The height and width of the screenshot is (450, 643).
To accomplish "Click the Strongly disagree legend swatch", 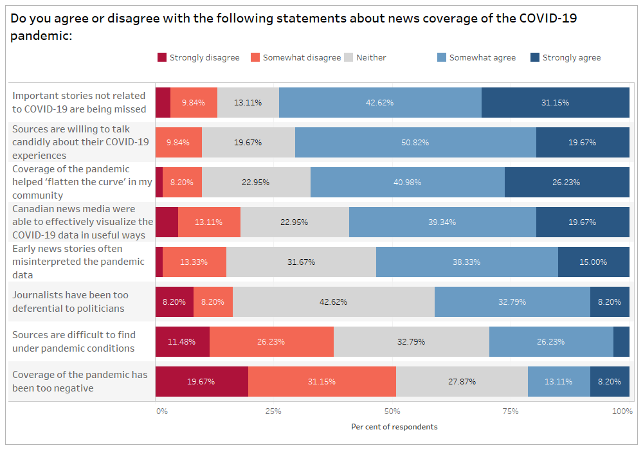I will coord(161,58).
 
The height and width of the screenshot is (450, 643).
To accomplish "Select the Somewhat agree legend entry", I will coord(482,58).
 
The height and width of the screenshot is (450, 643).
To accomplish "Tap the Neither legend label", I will coord(371,58).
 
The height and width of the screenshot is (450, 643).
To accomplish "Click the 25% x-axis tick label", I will coord(273,411).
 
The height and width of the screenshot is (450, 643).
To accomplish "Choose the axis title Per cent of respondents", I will coord(394,427).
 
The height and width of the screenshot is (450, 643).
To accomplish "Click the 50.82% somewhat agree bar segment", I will coord(415,142).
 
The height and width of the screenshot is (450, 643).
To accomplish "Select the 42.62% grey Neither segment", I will coord(333,301).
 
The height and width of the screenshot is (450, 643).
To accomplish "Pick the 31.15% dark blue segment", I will coord(555,102).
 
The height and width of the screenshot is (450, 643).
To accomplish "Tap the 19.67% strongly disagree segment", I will coord(201,381).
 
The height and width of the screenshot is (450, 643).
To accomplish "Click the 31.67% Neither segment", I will coord(301,262).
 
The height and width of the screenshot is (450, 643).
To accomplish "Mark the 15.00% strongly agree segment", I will coord(593,262).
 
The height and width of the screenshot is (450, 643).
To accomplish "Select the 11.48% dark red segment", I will coord(182,341).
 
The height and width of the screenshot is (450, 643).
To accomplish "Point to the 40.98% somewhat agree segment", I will coord(408,182).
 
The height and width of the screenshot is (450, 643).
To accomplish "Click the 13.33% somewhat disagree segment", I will coord(194,262).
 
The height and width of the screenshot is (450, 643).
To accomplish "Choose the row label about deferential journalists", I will coord(71,301).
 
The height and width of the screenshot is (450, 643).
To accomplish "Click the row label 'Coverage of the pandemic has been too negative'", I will coord(80,381).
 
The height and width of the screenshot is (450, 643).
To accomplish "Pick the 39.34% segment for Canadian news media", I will coord(442,222).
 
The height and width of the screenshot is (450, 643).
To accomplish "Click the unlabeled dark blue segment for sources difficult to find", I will coord(621,341).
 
